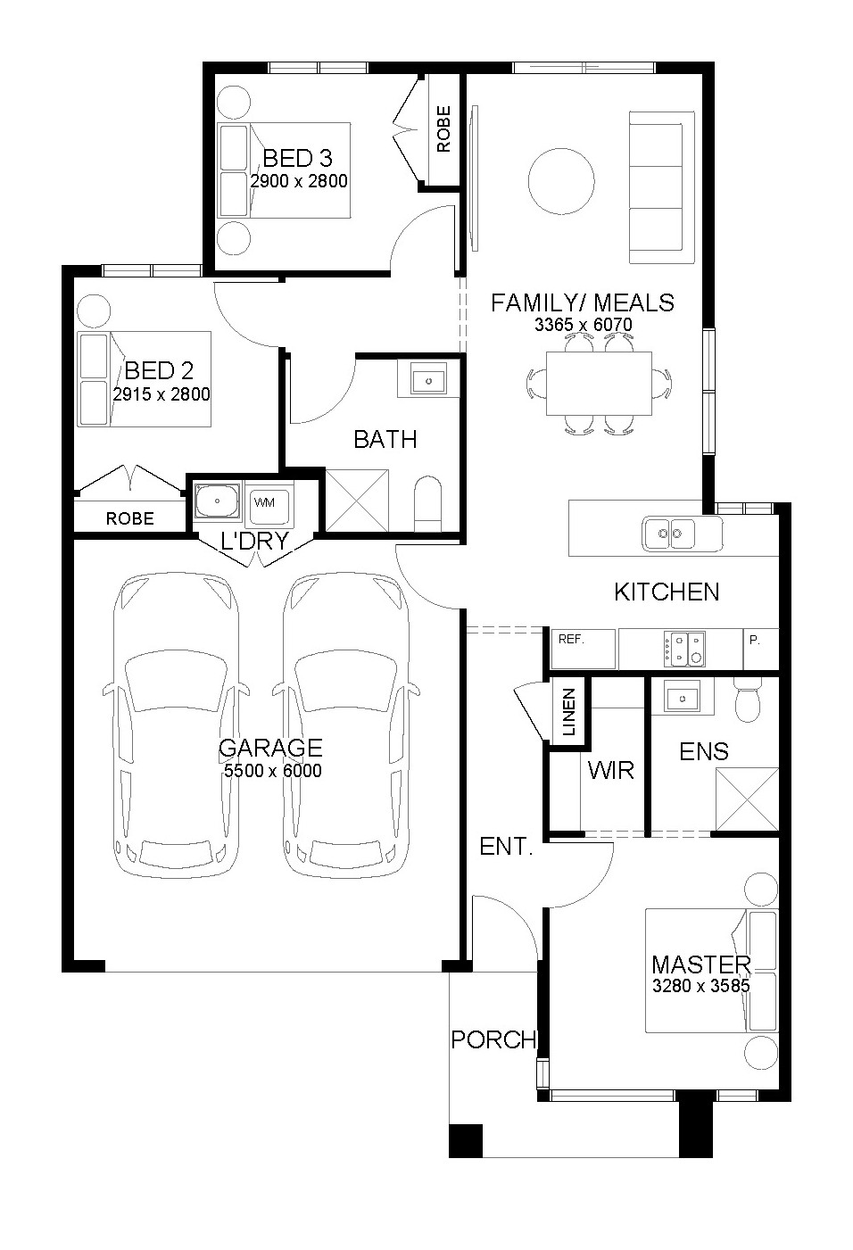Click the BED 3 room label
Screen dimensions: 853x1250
(x=297, y=159)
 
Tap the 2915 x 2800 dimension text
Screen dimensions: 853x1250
(x=161, y=394)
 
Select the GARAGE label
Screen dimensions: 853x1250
(x=270, y=748)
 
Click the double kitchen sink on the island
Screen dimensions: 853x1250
(x=669, y=533)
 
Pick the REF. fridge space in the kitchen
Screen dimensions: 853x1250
(x=583, y=649)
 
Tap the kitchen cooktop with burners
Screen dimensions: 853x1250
(x=684, y=649)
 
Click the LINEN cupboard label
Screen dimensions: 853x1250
(x=568, y=712)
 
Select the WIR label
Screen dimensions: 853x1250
(x=611, y=771)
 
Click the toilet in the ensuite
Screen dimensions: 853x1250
(x=748, y=700)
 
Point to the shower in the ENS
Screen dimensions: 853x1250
(x=747, y=799)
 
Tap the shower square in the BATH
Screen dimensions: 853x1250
(x=357, y=500)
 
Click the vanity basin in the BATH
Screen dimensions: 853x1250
(x=428, y=378)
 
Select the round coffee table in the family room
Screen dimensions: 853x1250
(x=561, y=181)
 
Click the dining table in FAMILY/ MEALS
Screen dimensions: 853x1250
(x=600, y=384)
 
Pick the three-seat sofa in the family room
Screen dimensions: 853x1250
(x=662, y=187)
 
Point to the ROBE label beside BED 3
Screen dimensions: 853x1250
(x=443, y=128)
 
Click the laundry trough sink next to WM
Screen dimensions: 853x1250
(x=217, y=501)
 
